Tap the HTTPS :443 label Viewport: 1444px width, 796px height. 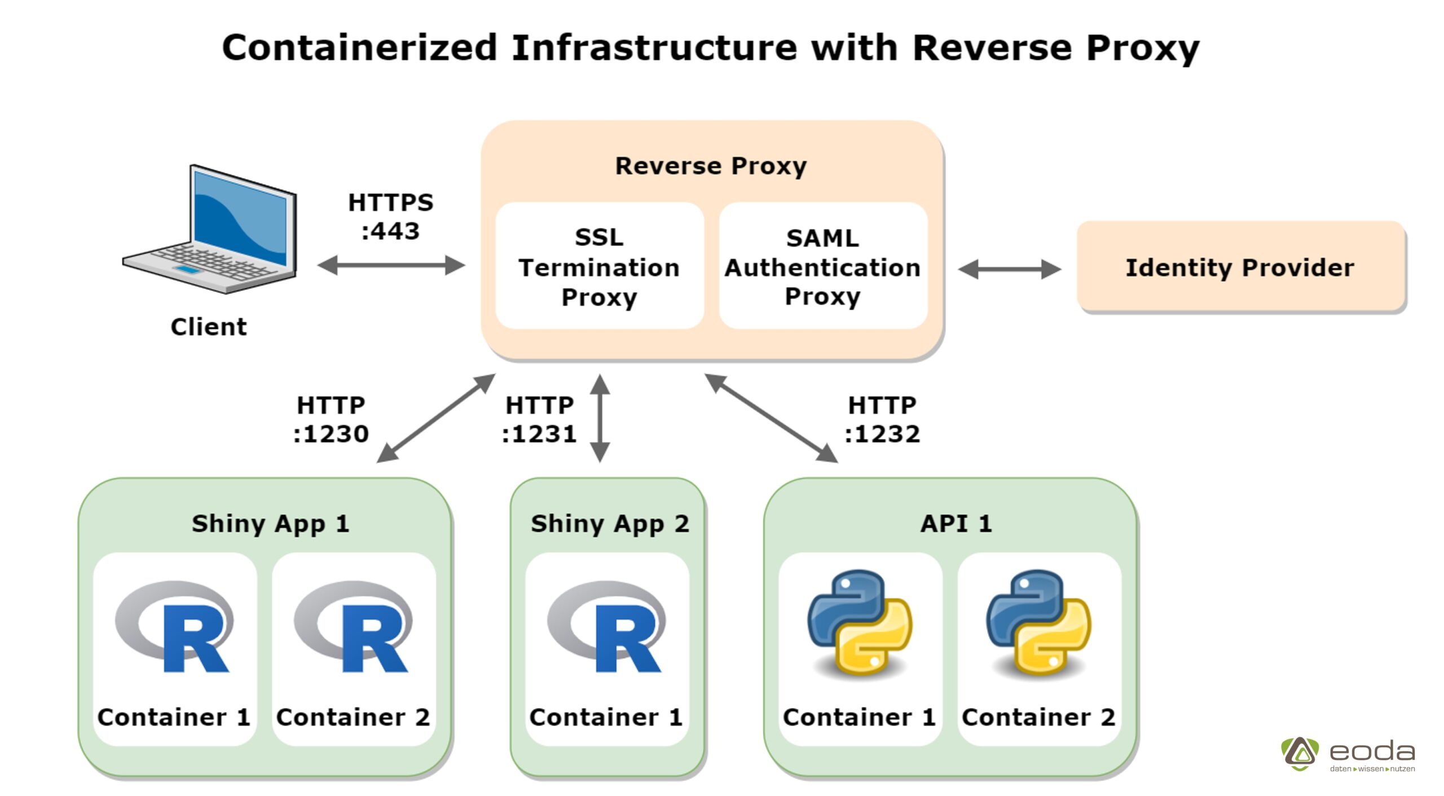point(390,217)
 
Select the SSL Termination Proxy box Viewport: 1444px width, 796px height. point(599,266)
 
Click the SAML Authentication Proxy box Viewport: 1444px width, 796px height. point(822,266)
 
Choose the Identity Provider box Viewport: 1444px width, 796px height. point(1240,267)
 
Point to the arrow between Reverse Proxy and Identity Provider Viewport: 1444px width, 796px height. point(1009,269)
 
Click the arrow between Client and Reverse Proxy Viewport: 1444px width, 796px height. point(391,265)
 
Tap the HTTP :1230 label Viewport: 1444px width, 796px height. point(331,420)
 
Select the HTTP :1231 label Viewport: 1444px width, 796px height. point(539,420)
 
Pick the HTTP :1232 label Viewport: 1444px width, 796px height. point(882,420)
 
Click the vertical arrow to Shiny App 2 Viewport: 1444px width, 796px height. point(600,418)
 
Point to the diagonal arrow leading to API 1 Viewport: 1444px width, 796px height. point(771,418)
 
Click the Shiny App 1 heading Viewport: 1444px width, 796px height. point(270,524)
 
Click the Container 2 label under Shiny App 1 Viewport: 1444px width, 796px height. point(353,717)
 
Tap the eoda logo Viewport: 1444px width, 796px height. point(1348,754)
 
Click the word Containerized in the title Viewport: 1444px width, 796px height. point(359,47)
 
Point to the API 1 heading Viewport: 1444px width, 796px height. point(956,524)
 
